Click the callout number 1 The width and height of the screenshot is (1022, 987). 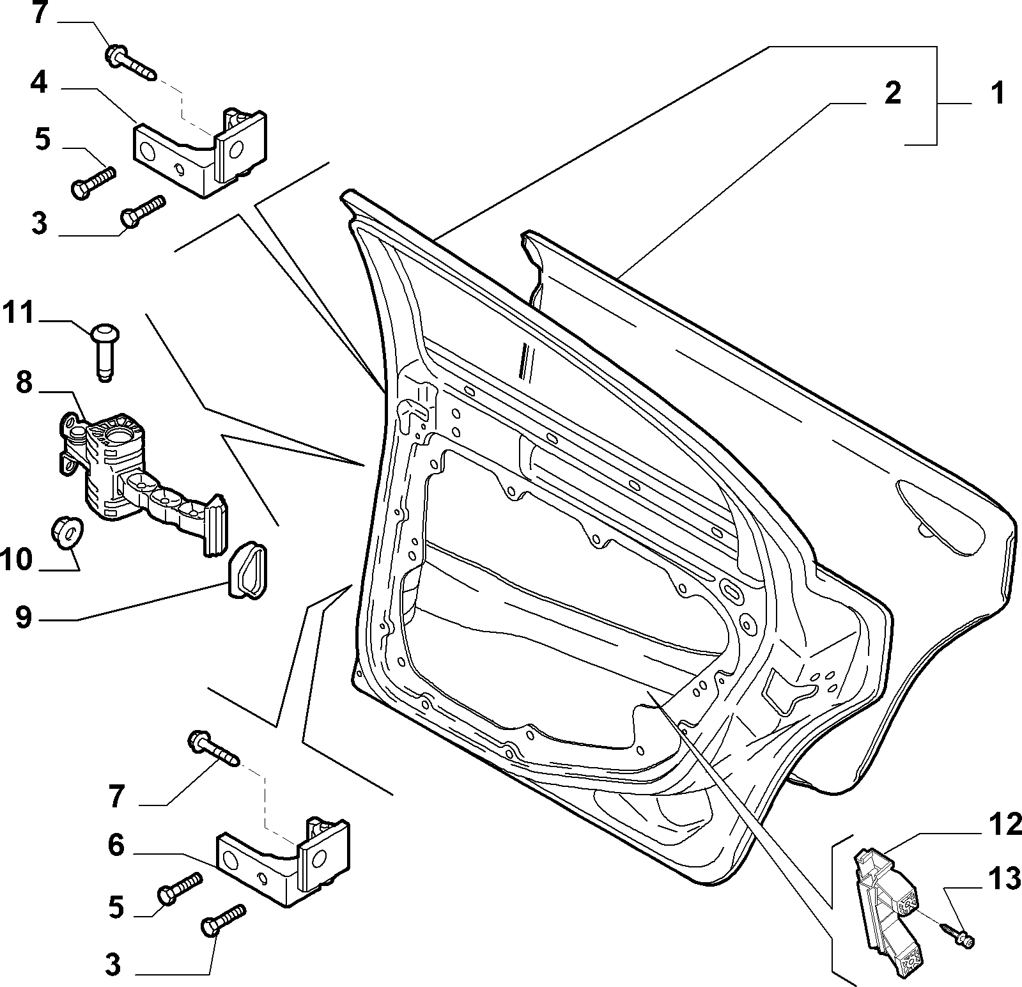click(x=989, y=94)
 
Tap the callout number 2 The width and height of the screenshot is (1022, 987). click(x=892, y=93)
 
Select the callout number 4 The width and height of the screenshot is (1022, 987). click(x=40, y=84)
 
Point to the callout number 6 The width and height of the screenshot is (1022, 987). click(x=116, y=846)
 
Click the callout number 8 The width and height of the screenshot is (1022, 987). click(x=24, y=384)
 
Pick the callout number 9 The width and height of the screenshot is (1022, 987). click(x=24, y=618)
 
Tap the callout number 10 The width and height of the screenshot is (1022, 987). click(x=17, y=559)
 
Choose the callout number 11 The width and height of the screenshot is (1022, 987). click(x=18, y=315)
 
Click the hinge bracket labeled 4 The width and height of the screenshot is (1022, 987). click(x=199, y=154)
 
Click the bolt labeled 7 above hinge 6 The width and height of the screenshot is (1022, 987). click(x=214, y=749)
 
